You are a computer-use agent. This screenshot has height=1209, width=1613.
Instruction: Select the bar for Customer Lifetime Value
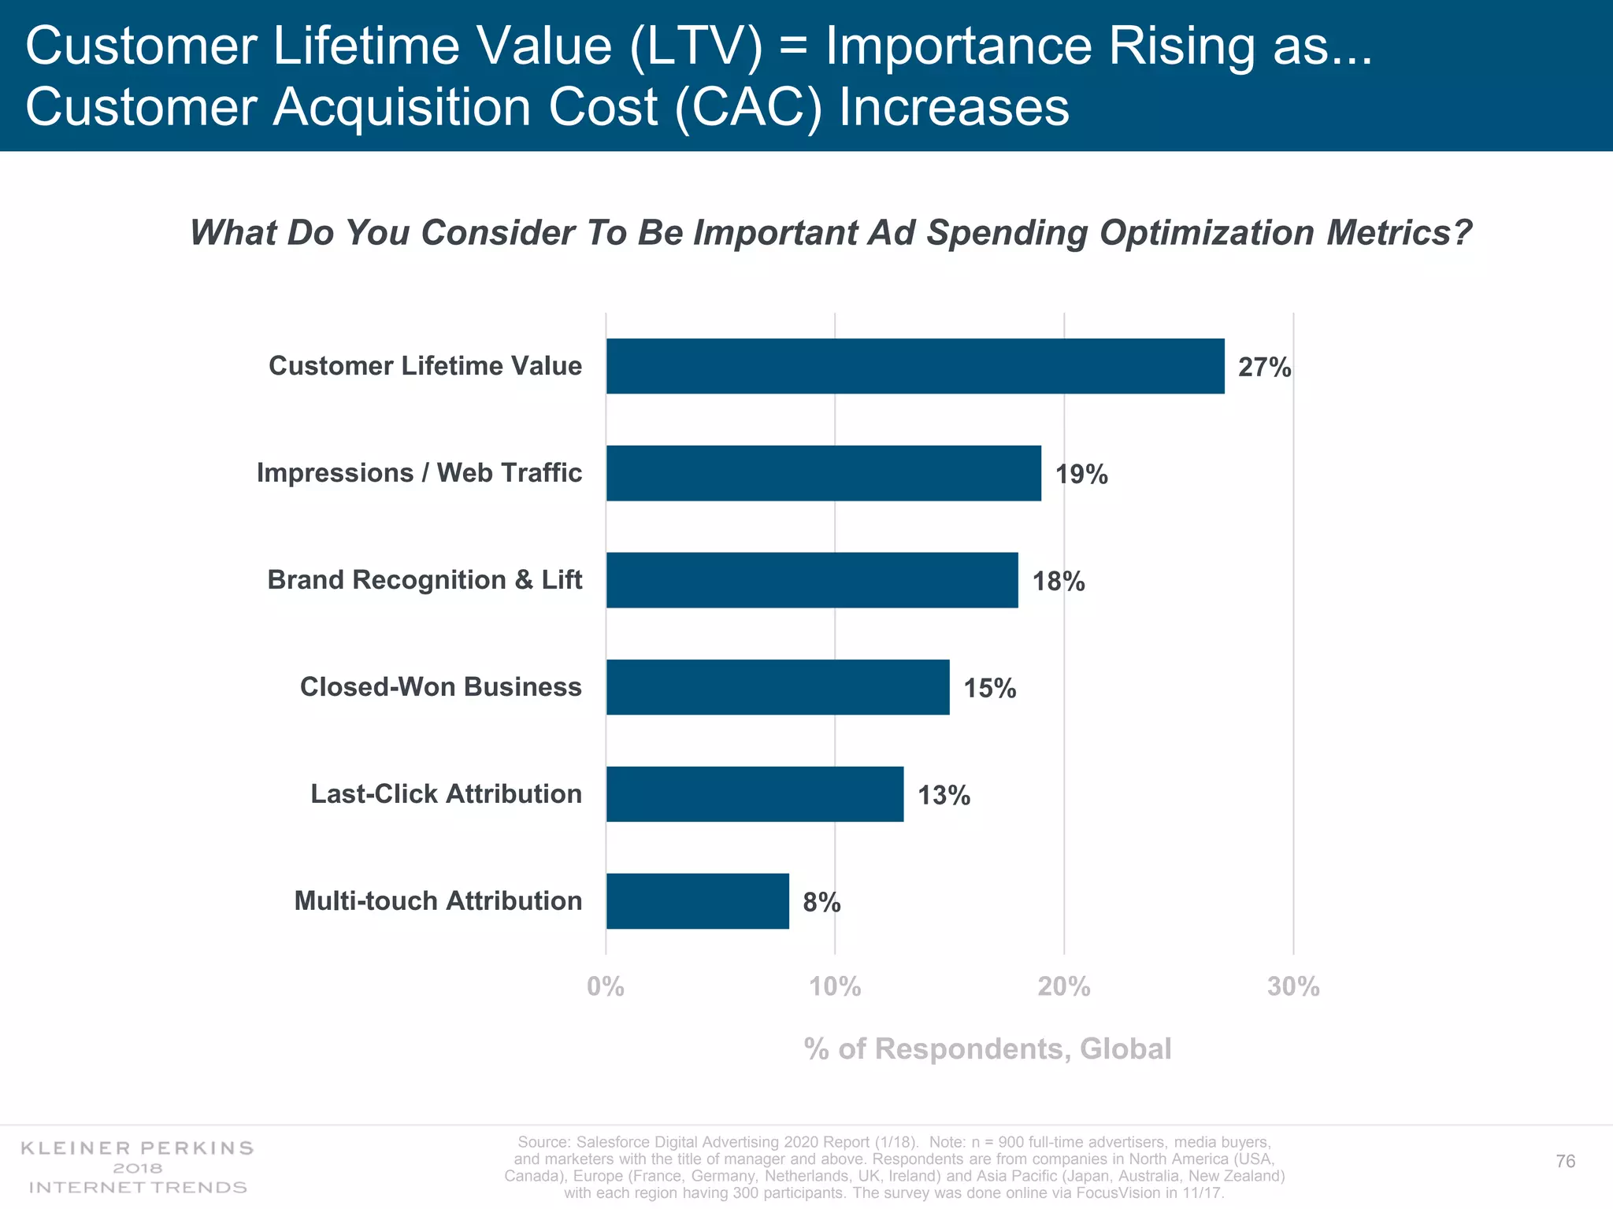915,366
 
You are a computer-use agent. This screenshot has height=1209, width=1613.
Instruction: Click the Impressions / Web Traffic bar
823,473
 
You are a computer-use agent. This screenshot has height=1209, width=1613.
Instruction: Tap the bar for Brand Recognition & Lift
812,580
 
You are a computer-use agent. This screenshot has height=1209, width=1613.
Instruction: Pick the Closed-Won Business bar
777,687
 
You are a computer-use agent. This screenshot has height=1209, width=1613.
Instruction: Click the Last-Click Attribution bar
755,794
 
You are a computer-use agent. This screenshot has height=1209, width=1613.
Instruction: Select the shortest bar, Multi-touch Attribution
697,901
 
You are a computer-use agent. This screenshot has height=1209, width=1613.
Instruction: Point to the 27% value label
1264,368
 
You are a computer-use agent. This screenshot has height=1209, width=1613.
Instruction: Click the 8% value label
821,903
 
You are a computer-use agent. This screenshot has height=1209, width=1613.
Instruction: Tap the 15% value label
989,689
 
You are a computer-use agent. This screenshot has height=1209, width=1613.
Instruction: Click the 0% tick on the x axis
606,986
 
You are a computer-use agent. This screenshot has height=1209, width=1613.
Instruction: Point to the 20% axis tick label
1063,986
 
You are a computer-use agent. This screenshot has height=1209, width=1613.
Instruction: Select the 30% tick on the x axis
1292,986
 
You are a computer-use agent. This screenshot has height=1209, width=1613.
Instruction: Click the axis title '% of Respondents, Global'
988,1049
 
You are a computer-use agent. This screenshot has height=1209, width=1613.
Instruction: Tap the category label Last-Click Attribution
446,794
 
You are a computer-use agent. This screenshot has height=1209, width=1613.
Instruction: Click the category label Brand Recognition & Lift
425,580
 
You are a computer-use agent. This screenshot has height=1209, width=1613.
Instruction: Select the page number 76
1565,1162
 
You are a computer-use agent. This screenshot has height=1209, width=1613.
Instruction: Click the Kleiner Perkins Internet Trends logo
138,1167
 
